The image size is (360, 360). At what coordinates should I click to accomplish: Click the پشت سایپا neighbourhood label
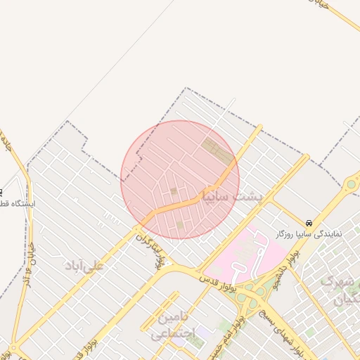(x=231, y=195)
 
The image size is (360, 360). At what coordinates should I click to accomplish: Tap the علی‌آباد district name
(x=84, y=265)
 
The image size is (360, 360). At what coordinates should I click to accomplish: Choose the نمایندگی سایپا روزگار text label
(x=309, y=233)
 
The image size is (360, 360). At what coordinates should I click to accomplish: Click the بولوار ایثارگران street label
(x=161, y=254)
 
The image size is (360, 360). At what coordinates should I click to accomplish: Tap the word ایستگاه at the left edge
(x=18, y=205)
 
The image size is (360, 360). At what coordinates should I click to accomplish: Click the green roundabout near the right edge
(x=350, y=185)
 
